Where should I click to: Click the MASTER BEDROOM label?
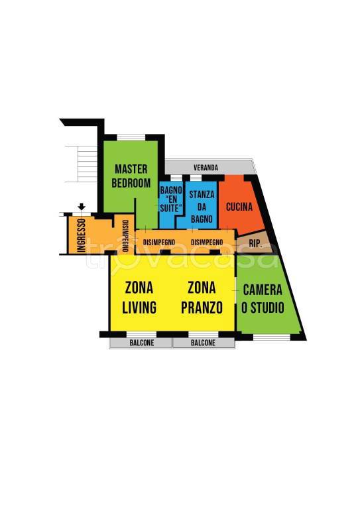click(x=131, y=176)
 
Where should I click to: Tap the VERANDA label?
click(x=206, y=168)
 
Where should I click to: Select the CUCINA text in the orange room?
click(x=239, y=207)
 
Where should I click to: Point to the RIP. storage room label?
click(x=256, y=243)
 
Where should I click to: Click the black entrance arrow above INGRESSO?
click(x=82, y=207)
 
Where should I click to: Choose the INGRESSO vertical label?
click(x=81, y=235)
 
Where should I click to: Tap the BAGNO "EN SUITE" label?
click(x=171, y=199)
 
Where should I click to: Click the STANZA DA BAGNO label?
click(x=202, y=207)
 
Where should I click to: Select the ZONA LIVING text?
click(x=139, y=298)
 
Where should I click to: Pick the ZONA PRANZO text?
click(x=202, y=298)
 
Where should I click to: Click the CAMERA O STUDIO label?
click(x=263, y=299)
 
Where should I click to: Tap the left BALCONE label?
click(x=142, y=343)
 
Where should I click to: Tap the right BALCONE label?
click(x=203, y=343)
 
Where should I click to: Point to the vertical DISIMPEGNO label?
click(x=125, y=236)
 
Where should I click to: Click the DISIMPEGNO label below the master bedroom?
click(x=159, y=243)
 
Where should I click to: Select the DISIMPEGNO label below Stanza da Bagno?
click(x=207, y=243)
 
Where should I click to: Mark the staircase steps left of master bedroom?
click(x=81, y=164)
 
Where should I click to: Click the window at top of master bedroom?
click(x=131, y=137)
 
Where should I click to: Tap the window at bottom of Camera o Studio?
click(x=271, y=337)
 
